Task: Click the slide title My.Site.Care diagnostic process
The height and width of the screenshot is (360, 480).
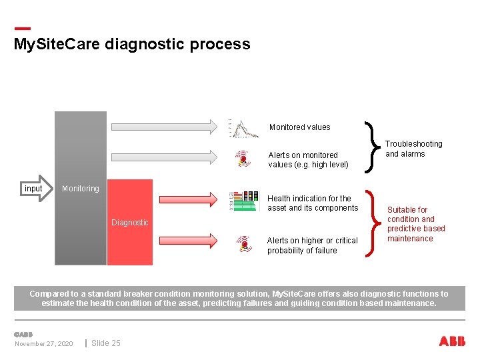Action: point(132,45)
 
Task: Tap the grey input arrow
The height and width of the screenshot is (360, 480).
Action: point(35,189)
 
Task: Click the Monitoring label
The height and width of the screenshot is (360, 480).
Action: point(80,189)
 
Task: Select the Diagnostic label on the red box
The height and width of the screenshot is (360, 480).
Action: point(130,223)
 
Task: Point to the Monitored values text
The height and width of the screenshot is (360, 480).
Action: point(299,127)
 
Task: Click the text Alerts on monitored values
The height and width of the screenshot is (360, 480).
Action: point(308,160)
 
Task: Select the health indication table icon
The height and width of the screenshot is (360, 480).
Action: point(243,201)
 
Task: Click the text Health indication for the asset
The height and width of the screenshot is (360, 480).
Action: point(312,203)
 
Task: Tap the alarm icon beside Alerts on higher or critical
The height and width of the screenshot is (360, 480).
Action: point(245,244)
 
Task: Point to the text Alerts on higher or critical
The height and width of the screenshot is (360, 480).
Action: point(312,245)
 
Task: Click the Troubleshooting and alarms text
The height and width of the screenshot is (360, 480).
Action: point(413,149)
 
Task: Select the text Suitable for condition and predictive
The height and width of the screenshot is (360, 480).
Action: point(415,224)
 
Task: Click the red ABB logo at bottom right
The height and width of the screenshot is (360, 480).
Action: point(452,341)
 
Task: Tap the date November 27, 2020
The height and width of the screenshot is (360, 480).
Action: point(44,344)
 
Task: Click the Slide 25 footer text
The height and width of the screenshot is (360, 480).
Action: point(106,343)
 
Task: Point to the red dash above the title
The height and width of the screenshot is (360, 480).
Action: point(22,28)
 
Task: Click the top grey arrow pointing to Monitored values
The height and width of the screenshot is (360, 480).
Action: point(163,125)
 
